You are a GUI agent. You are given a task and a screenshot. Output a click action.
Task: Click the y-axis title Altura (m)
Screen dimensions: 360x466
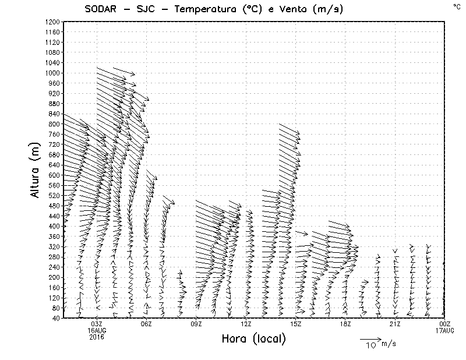pyautogui.click(x=36, y=170)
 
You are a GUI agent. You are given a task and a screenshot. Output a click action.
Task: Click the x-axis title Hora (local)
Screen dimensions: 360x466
pyautogui.click(x=253, y=338)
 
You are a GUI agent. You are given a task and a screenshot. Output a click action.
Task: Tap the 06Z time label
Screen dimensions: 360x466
pyautogui.click(x=146, y=324)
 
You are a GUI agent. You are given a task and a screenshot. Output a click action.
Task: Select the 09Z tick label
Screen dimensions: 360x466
pyautogui.click(x=196, y=324)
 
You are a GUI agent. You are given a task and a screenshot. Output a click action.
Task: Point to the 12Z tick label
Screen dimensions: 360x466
pyautogui.click(x=246, y=324)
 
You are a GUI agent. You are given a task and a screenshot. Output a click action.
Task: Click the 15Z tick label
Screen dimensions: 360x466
pyautogui.click(x=295, y=324)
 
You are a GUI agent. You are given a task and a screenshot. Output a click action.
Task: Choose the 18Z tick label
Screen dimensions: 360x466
pyautogui.click(x=345, y=324)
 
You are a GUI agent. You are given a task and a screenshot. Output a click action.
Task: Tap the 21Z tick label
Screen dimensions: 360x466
pyautogui.click(x=395, y=324)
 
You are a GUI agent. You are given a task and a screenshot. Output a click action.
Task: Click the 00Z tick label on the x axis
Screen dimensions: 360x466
pyautogui.click(x=445, y=324)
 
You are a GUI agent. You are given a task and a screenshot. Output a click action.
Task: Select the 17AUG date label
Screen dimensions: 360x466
pyautogui.click(x=445, y=330)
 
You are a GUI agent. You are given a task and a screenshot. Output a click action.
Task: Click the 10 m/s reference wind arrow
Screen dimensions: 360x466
pyautogui.click(x=370, y=338)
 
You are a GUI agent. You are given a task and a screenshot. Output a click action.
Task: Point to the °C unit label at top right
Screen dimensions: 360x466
pyautogui.click(x=456, y=6)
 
